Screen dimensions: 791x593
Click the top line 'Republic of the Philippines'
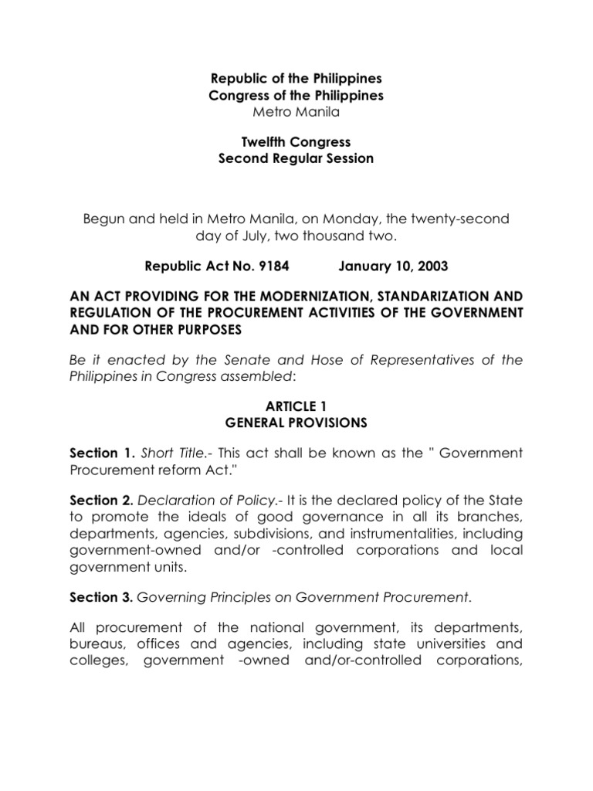click(296, 79)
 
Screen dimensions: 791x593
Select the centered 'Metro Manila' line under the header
click(296, 111)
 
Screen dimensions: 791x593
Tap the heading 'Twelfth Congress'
click(296, 142)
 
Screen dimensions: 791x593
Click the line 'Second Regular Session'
click(296, 158)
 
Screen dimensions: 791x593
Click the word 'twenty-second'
click(470, 219)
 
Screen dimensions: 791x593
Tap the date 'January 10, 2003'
click(393, 266)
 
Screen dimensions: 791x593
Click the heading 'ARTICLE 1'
click(296, 407)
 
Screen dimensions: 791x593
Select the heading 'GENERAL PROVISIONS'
click(296, 423)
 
